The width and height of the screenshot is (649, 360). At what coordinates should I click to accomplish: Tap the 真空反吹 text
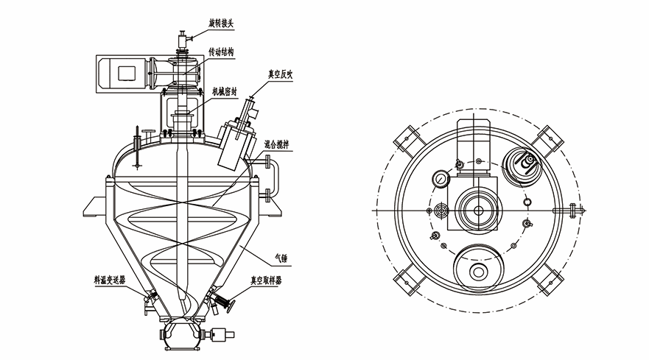(280, 74)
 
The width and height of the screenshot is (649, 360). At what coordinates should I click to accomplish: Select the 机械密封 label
(225, 91)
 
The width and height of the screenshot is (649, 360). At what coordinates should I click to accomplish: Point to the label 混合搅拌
(276, 144)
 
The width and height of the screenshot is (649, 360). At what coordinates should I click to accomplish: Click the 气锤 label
(281, 258)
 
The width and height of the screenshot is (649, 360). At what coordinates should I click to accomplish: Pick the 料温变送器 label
(110, 280)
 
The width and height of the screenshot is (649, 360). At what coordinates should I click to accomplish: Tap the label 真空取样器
(266, 280)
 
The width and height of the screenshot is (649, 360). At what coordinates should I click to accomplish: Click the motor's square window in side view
(127, 73)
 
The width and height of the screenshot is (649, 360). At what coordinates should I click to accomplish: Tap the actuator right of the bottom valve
(222, 334)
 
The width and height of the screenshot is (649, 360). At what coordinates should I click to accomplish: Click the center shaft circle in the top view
(479, 211)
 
